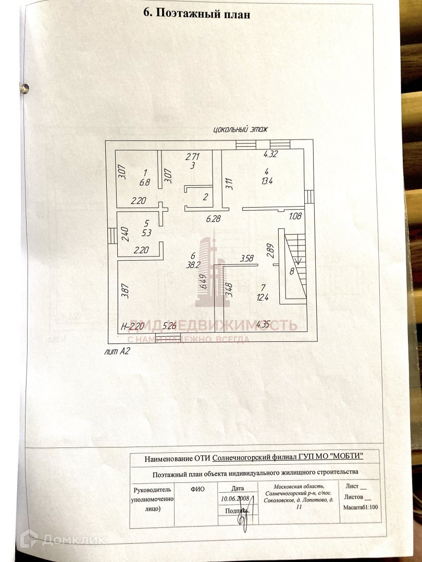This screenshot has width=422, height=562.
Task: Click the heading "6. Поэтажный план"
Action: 196,15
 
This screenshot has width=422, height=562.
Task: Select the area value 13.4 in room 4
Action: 267,181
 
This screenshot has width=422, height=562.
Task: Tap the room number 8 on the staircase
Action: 292,271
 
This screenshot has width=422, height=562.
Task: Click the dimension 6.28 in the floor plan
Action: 214,219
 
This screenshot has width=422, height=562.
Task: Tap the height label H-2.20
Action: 131,326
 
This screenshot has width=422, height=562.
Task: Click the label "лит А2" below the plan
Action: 117,351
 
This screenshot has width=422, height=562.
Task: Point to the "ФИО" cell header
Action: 197,489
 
